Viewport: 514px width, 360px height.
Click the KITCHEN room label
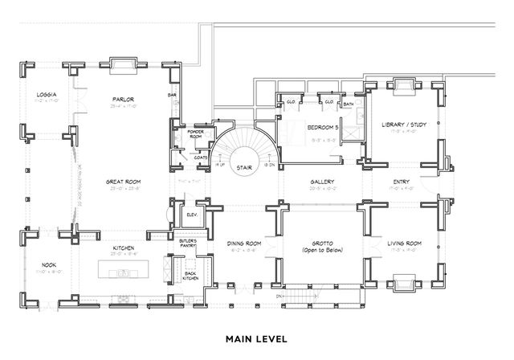pyautogui.click(x=122, y=247)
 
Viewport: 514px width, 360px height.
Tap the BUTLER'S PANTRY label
pyautogui.click(x=187, y=241)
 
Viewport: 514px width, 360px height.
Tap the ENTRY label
pyautogui.click(x=401, y=182)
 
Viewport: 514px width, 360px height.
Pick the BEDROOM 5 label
pyautogui.click(x=320, y=128)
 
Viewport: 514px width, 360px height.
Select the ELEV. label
pyautogui.click(x=193, y=215)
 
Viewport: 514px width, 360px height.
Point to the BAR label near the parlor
pyautogui.click(x=171, y=94)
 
